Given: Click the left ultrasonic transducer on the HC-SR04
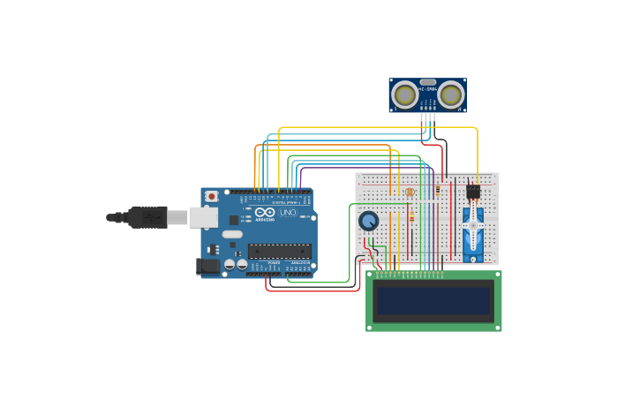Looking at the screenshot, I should pyautogui.click(x=405, y=94).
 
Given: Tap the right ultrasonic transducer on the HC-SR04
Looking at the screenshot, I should pyautogui.click(x=451, y=94).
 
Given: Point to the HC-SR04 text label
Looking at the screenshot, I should pyautogui.click(x=428, y=89).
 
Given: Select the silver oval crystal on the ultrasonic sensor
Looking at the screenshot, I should pyautogui.click(x=428, y=82).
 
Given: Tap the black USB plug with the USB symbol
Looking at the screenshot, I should pyautogui.click(x=148, y=216).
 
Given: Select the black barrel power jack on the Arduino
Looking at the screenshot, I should pyautogui.click(x=207, y=265).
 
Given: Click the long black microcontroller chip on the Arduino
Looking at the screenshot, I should pyautogui.click(x=279, y=251).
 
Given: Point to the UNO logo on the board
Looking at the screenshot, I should pyautogui.click(x=288, y=213).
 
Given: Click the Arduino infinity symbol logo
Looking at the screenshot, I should pyautogui.click(x=264, y=213).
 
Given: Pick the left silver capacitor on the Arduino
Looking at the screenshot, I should pyautogui.click(x=230, y=263).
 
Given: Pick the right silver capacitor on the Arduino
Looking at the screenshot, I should pyautogui.click(x=242, y=263).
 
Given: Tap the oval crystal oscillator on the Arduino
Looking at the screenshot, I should pyautogui.click(x=232, y=235).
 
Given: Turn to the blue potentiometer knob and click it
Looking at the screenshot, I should pyautogui.click(x=368, y=221).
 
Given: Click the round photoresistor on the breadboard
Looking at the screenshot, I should pyautogui.click(x=409, y=192).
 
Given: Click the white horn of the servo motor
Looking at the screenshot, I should pyautogui.click(x=473, y=225).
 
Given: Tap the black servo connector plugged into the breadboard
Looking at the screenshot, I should pyautogui.click(x=473, y=191).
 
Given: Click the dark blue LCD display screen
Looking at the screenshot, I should pyautogui.click(x=433, y=300).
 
